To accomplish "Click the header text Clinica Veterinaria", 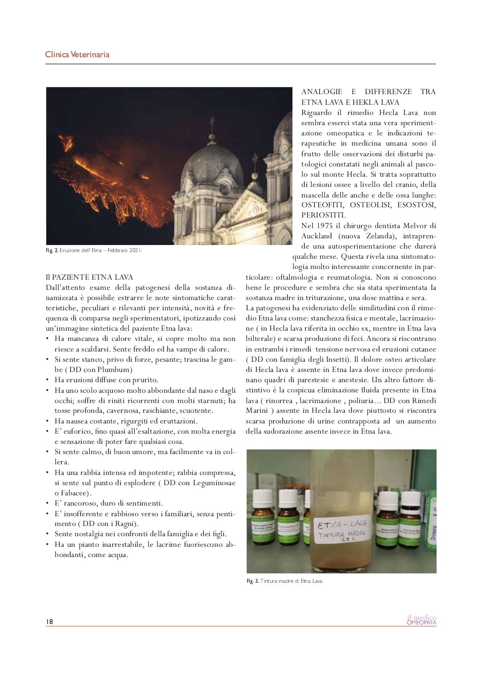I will point(77,55).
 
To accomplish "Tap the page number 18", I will point(49,621).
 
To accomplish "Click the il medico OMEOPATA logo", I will point(421,620).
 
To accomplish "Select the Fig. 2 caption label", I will point(52,250).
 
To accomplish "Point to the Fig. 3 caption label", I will point(252,581).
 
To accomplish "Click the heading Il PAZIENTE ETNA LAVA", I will point(89,277).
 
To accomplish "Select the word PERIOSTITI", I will point(323,215).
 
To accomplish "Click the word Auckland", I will point(316,236).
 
